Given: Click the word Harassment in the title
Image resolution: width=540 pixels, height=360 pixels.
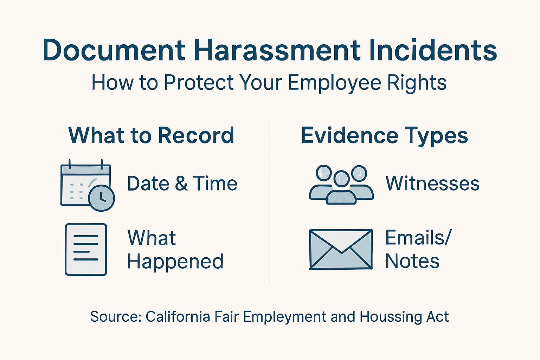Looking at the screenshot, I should pos(277,50).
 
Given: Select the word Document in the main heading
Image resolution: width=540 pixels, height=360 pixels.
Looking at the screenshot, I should pos(114,50).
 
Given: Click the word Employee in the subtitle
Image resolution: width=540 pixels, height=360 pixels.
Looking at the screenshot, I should pos(334,83).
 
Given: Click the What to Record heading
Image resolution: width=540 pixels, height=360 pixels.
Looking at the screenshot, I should pos(151,135).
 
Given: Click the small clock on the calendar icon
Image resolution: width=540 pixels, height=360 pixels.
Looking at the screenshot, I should pos(102,198).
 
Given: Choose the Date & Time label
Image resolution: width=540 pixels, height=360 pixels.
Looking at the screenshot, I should pos(182,184).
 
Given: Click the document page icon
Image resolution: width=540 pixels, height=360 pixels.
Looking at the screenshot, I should pos(86,249).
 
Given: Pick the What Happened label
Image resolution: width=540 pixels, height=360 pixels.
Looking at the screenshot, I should pos(175,250).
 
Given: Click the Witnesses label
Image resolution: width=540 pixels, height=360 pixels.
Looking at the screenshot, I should pos(432,184).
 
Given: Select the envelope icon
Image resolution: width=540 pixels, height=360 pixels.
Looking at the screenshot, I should pos(341,249).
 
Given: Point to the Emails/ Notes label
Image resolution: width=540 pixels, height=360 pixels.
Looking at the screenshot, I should pos(418,249).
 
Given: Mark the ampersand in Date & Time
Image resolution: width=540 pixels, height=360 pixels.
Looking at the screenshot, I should pos(181,184).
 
